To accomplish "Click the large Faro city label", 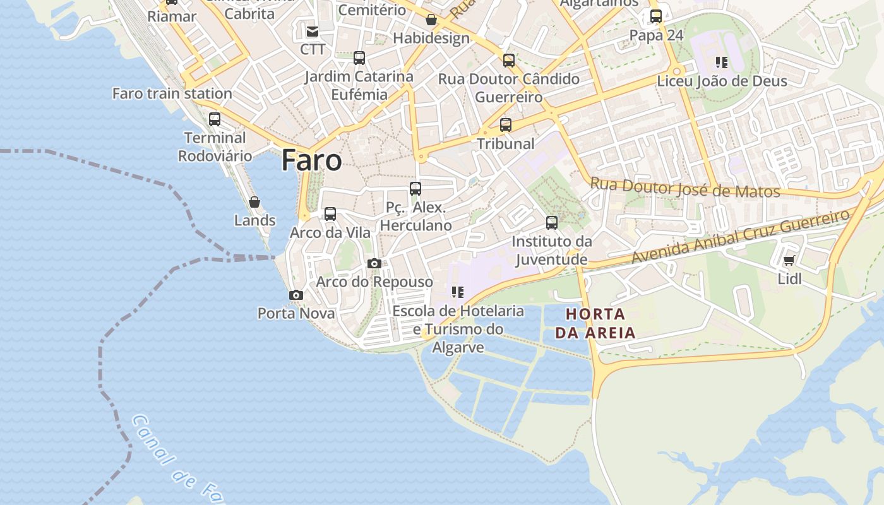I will (x=311, y=160).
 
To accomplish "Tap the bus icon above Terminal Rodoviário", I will (x=215, y=119).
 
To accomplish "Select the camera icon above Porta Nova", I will (x=296, y=295).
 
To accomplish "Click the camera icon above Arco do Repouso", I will (x=374, y=263).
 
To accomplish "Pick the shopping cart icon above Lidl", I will (x=789, y=260).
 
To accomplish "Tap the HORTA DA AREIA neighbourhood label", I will (x=595, y=323).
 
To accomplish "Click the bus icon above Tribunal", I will (x=505, y=124).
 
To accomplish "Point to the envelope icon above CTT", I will (x=313, y=31).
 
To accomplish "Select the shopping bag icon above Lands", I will (x=254, y=202).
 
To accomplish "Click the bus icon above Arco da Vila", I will (x=330, y=214).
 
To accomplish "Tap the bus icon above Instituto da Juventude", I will (x=552, y=222).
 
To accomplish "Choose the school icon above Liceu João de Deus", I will (x=722, y=62).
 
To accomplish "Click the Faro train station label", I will (x=172, y=93).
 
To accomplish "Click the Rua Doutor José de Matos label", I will (x=685, y=187).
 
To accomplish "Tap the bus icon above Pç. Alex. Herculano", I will (x=415, y=188).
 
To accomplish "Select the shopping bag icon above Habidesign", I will (x=431, y=20).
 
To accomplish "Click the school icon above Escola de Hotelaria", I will (x=458, y=292).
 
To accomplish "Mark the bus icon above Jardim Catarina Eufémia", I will (x=359, y=58).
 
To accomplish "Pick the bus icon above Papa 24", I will (x=656, y=16).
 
